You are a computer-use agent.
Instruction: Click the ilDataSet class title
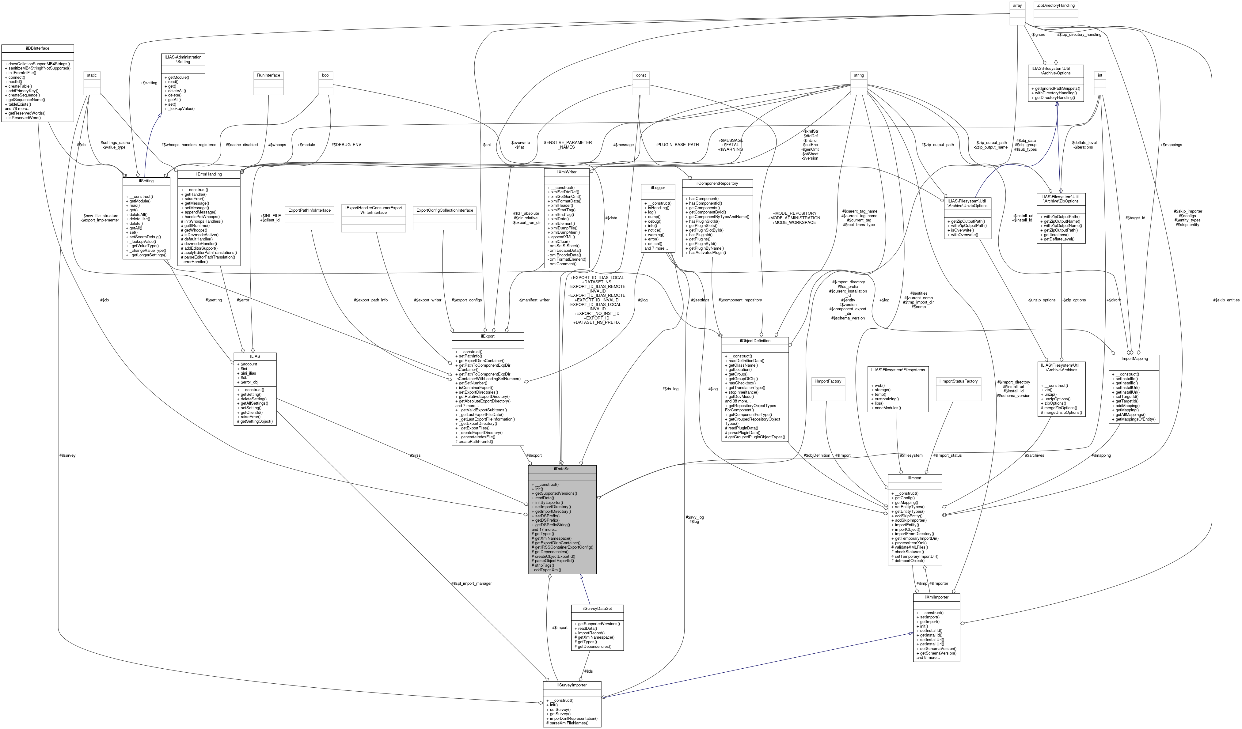562,469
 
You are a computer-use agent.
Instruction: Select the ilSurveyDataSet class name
597,608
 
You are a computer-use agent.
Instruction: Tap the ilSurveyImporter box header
572,685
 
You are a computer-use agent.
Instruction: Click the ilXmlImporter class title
936,597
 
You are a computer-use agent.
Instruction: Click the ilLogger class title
658,188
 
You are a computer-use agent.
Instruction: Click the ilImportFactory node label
828,381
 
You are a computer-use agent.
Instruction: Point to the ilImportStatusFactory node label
958,381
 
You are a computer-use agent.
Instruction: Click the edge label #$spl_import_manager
471,583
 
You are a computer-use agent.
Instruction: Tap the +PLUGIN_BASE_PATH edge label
677,145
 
